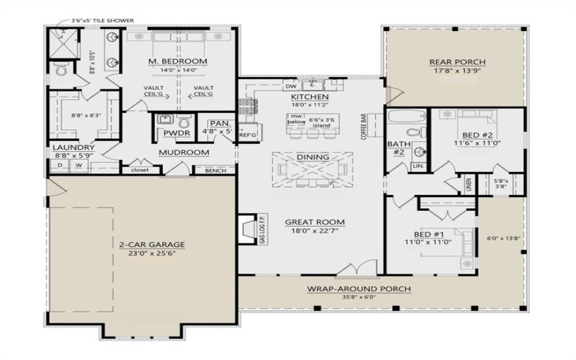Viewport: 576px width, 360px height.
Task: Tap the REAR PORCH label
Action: coord(457,61)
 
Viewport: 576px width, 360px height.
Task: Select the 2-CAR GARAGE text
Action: coord(146,243)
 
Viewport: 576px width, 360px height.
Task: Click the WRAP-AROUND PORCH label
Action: coord(359,289)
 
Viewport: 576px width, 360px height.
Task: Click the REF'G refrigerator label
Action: coord(248,135)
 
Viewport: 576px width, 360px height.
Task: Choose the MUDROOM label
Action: coord(184,153)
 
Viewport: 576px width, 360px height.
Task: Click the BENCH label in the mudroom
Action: coord(215,171)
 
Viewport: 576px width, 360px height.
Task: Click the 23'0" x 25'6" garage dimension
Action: coord(146,253)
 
